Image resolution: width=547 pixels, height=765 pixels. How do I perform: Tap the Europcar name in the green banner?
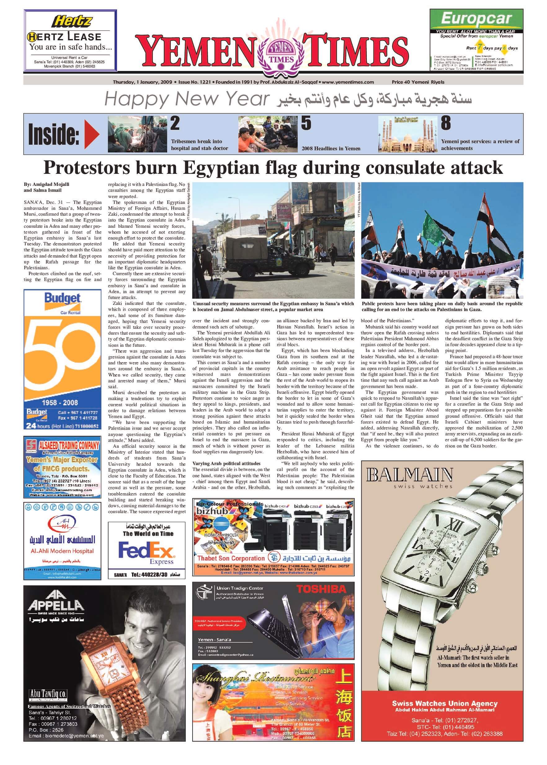click(x=476, y=19)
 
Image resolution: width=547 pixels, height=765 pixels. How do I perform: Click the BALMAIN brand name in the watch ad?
click(x=409, y=475)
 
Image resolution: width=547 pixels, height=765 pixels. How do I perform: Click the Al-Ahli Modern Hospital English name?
click(x=62, y=551)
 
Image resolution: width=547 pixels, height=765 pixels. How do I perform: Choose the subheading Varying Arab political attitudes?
click(x=226, y=464)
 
